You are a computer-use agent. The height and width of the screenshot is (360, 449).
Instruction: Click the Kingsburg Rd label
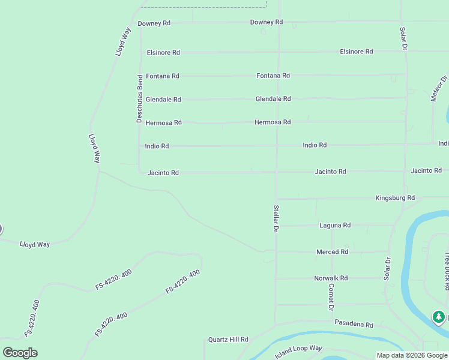pyautogui.click(x=395, y=197)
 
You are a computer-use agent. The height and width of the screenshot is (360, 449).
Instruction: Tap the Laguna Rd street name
pyautogui.click(x=335, y=225)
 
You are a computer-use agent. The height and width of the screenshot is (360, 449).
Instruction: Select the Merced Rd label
pyautogui.click(x=332, y=252)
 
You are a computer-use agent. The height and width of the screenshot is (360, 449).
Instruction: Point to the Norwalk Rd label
pyautogui.click(x=331, y=278)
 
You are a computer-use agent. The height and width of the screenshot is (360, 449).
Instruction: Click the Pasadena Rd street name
pyautogui.click(x=354, y=325)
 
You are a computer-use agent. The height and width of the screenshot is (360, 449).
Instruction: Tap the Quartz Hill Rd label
pyautogui.click(x=228, y=340)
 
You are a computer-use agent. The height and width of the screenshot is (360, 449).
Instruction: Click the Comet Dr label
pyautogui.click(x=331, y=297)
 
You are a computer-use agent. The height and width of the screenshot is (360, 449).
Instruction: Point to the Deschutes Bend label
pyautogui.click(x=140, y=98)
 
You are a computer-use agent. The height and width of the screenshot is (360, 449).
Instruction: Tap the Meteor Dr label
pyautogui.click(x=439, y=88)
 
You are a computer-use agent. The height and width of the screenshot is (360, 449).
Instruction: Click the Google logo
pyautogui.click(x=20, y=353)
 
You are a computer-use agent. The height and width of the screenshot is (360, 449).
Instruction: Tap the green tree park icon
pyautogui.click(x=439, y=316)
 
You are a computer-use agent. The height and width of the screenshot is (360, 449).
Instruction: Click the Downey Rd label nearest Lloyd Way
pyautogui.click(x=154, y=23)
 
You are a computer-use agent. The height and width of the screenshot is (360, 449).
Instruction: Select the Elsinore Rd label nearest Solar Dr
pyautogui.click(x=356, y=52)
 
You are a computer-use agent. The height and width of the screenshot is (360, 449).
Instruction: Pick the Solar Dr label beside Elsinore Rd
pyautogui.click(x=405, y=38)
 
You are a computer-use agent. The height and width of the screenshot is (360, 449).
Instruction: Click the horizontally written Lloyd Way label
pyautogui.click(x=35, y=244)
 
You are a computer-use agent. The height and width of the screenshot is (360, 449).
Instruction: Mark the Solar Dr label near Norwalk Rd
pyautogui.click(x=388, y=269)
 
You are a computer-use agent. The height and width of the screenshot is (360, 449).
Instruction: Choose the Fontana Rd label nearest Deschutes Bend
pyautogui.click(x=163, y=76)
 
